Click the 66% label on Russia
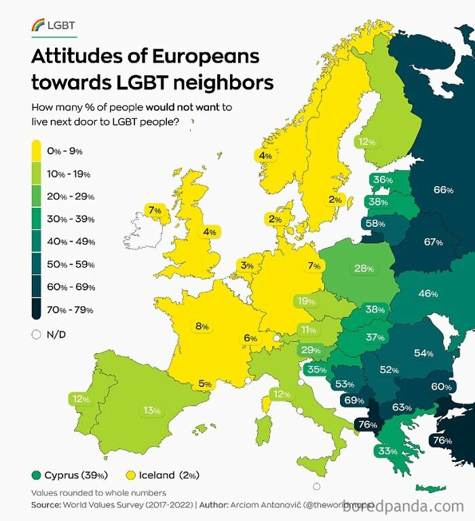pyautogui.click(x=443, y=190)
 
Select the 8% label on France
pyautogui.click(x=202, y=326)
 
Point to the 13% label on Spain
pyautogui.click(x=151, y=410)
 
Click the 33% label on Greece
pyautogui.click(x=387, y=451)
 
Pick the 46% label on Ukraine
pyautogui.click(x=427, y=293)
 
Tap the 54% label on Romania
pyautogui.click(x=423, y=353)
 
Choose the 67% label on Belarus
pyautogui.click(x=433, y=242)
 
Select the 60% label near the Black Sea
pyautogui.click(x=441, y=387)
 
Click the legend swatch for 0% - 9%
pyautogui.click(x=37, y=151)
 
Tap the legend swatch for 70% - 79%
pyautogui.click(x=37, y=310)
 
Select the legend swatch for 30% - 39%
pyautogui.click(x=37, y=219)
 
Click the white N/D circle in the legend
pyautogui.click(x=36, y=334)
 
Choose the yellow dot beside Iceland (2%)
pyautogui.click(x=132, y=475)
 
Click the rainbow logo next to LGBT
pyautogui.click(x=38, y=26)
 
